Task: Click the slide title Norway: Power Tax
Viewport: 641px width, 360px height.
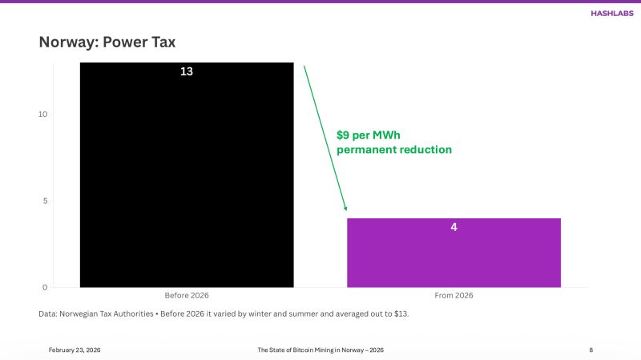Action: pos(107,42)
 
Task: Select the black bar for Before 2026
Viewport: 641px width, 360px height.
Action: pos(187,176)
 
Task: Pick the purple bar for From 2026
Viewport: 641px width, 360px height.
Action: pos(454,257)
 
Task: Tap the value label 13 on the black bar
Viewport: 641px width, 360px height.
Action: pos(187,71)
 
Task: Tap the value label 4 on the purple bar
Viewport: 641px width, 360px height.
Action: pos(454,227)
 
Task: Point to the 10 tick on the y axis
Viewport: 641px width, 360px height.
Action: pos(43,114)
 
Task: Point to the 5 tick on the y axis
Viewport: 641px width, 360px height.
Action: pos(46,200)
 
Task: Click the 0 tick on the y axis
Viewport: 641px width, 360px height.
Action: pos(46,287)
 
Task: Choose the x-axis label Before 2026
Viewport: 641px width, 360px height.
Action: pos(187,296)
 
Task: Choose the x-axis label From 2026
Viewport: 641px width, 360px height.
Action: pos(454,296)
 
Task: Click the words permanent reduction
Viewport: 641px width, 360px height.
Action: pos(394,150)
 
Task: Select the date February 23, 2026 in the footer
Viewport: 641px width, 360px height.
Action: pos(75,350)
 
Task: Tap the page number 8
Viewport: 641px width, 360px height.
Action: pos(591,350)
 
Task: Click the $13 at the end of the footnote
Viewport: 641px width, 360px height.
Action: pos(401,313)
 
